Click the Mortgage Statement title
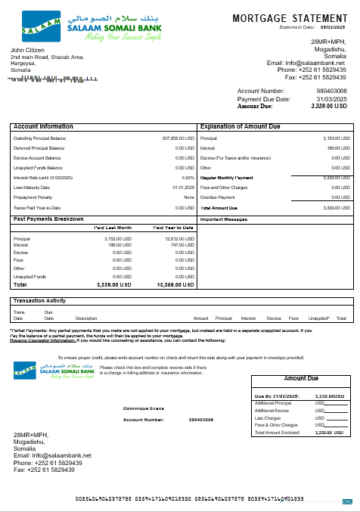pos(290,17)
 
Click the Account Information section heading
pos(44,126)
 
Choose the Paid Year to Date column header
pos(174,228)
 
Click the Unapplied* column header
pos(319,318)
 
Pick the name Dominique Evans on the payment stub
pos(143,408)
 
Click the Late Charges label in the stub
pos(269,417)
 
